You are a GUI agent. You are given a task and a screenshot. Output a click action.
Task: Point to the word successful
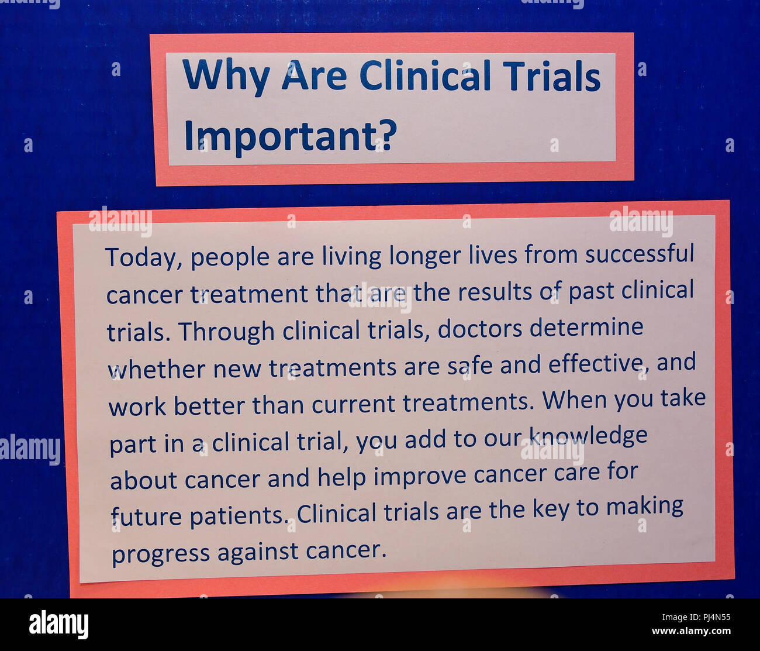pos(640,254)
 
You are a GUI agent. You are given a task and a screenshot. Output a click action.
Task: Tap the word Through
pos(227,332)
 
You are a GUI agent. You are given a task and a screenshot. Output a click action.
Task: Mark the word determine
pos(586,327)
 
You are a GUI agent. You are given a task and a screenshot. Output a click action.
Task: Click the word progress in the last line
pos(161,554)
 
